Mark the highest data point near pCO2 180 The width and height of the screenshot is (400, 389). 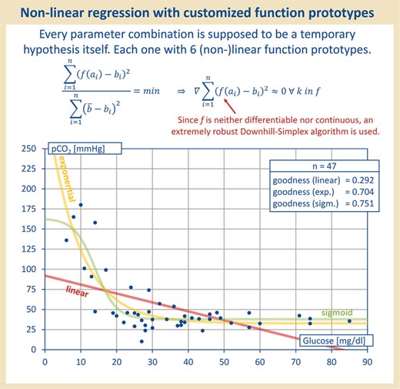81,205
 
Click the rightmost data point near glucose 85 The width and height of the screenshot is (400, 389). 349,321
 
